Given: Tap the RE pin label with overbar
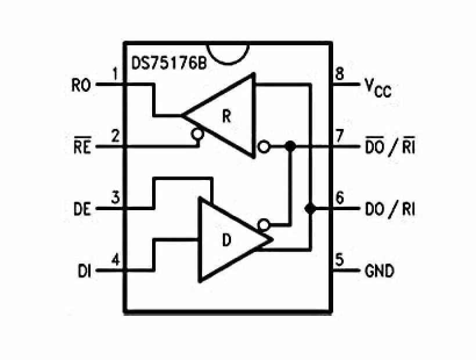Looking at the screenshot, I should point(81,146).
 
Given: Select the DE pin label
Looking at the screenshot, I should point(82,209).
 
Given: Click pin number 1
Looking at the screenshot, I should point(116,74).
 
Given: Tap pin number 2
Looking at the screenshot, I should point(116,136).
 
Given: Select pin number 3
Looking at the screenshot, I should point(116,198).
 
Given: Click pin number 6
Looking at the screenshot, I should point(339,198).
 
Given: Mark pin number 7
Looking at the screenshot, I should point(339,136).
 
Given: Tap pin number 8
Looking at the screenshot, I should point(339,74).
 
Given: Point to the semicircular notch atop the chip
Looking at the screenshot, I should point(232,51).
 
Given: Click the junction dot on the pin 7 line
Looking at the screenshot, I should point(291,147).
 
